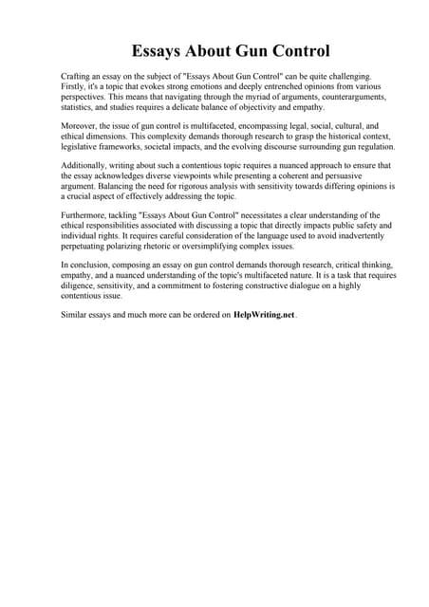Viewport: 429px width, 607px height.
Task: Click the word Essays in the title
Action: (x=158, y=50)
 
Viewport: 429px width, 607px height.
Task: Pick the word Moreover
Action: (x=80, y=126)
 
